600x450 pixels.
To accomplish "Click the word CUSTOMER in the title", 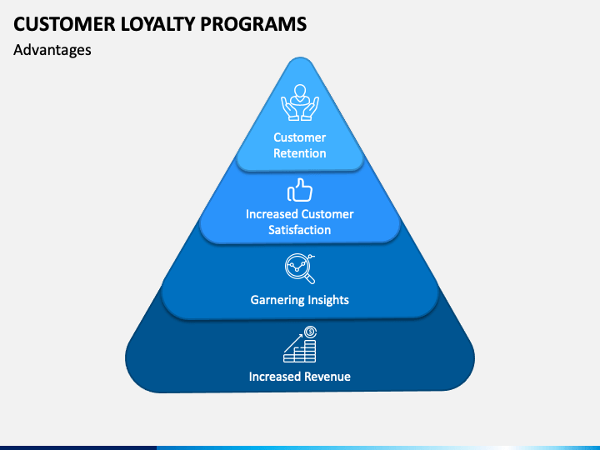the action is pyautogui.click(x=64, y=23).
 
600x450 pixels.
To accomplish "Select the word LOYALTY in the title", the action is pyautogui.click(x=157, y=23).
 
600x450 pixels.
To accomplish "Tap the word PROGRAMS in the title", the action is pyautogui.click(x=253, y=23).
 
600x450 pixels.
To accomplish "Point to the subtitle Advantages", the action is pyautogui.click(x=52, y=50).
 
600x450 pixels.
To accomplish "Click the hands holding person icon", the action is pyautogui.click(x=300, y=102).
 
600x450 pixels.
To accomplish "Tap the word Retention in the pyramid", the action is pyautogui.click(x=300, y=153).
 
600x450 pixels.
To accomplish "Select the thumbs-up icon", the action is pyautogui.click(x=300, y=190).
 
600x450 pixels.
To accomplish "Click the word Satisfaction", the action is pyautogui.click(x=300, y=230).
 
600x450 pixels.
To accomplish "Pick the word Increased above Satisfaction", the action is pyautogui.click(x=272, y=214).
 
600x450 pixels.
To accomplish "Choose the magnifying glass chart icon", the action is pyautogui.click(x=300, y=268).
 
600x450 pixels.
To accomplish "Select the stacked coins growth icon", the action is pyautogui.click(x=300, y=344).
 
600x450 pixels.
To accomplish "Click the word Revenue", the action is pyautogui.click(x=327, y=377).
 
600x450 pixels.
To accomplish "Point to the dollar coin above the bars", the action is pyautogui.click(x=310, y=332).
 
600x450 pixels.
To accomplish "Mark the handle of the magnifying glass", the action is pyautogui.click(x=309, y=278).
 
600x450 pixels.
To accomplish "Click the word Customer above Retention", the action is pyautogui.click(x=300, y=137).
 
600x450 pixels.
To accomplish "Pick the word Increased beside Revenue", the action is pyautogui.click(x=275, y=377).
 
